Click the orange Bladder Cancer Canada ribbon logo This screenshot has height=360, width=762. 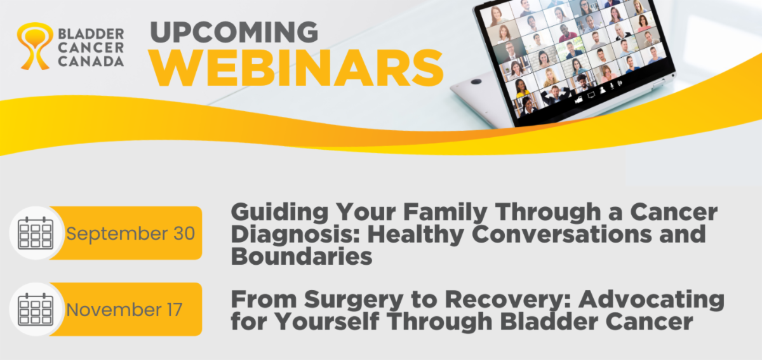click(x=35, y=46)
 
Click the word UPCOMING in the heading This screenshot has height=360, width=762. click(x=234, y=32)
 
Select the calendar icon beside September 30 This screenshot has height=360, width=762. click(x=36, y=233)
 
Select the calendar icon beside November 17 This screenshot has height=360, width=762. click(x=36, y=309)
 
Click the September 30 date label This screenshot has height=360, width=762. click(x=131, y=234)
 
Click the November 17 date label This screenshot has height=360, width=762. click(x=124, y=310)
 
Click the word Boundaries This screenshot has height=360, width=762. click(x=302, y=256)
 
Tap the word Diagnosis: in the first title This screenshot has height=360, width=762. click(x=296, y=235)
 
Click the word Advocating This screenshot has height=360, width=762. click(x=652, y=300)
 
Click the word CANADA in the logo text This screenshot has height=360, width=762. click(x=91, y=61)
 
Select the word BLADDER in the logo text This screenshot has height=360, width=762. click(x=91, y=34)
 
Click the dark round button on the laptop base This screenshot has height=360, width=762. click(x=476, y=82)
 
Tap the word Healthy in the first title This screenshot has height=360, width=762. click(x=416, y=235)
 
